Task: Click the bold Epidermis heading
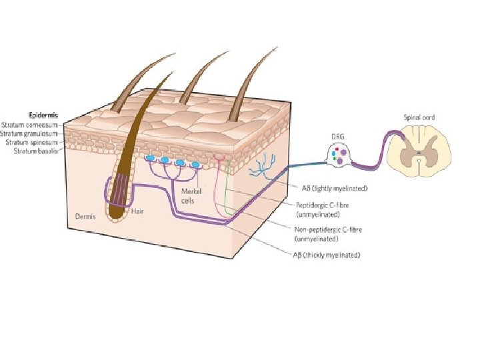coord(39,115)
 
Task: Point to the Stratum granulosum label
coord(31,133)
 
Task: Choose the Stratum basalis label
coord(36,151)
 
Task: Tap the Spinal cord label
coord(419,117)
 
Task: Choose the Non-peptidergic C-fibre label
coord(327,233)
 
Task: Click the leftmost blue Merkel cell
coord(150,159)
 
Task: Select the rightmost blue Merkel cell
coord(195,165)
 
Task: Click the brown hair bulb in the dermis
coord(117,211)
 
